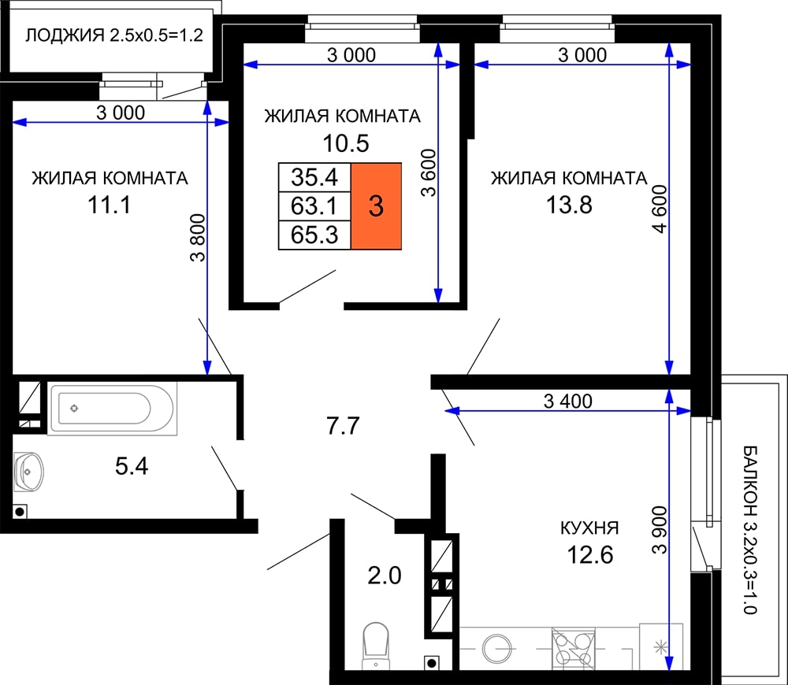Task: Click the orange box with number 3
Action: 376,206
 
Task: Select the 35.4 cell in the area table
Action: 314,177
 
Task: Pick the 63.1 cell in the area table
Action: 314,206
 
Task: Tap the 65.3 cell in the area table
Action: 314,235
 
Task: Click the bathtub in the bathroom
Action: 112,409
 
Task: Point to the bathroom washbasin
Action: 28,472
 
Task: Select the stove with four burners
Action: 573,649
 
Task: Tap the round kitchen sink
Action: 497,649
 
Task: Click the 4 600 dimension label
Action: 660,209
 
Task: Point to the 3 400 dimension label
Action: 568,401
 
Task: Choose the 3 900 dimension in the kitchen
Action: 660,530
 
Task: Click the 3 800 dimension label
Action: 198,238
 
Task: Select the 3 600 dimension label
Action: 429,172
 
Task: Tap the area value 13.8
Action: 569,205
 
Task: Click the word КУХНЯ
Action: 589,528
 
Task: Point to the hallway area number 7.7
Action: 344,426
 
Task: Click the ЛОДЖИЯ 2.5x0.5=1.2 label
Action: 114,35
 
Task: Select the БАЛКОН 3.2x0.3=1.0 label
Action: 750,529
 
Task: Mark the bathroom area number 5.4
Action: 132,466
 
